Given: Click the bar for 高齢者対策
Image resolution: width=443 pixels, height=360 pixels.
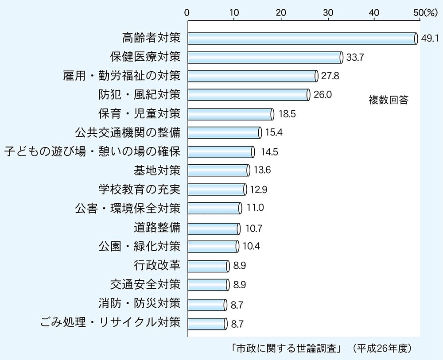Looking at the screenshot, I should coord(302,39).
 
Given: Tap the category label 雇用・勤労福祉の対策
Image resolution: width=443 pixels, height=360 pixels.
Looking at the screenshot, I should coord(122,76).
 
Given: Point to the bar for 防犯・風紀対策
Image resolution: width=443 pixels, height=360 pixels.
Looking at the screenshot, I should coord(248,95).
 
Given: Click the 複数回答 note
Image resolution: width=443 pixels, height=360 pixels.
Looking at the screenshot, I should coord(388,100).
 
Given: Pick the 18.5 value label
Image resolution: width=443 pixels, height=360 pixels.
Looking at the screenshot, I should coord(287,114).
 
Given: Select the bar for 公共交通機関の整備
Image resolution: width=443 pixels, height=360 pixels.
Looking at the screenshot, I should coord(224,132).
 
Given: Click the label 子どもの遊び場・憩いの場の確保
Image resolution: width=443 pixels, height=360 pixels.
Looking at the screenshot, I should coord(93,152).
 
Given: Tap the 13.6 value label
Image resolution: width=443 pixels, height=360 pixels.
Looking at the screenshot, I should coord(263,170).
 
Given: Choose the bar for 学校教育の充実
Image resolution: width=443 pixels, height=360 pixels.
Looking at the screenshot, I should coord(217,190).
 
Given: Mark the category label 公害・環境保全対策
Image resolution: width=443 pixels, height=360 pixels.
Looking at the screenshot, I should coord(128,209).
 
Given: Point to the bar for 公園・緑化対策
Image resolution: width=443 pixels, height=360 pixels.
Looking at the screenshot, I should coord(213,246).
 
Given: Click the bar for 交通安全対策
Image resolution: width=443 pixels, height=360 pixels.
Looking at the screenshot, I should coord(208,284).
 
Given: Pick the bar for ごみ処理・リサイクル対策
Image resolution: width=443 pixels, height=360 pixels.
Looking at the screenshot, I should coord(207,323).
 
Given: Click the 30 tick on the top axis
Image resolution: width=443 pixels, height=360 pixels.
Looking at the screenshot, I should coord(328,13).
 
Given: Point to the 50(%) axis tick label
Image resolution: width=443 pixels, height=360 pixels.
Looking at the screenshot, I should coord(425,13).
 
